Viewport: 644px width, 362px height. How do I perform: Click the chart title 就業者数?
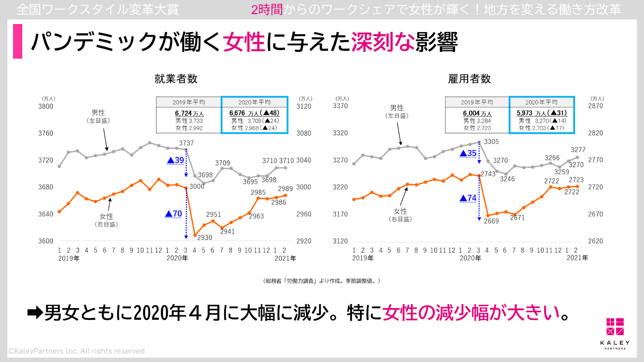click(176, 79)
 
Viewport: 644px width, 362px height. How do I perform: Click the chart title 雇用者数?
click(469, 79)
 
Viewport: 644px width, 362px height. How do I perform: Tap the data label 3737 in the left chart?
click(186, 143)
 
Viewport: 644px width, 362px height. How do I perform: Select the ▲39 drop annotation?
click(175, 160)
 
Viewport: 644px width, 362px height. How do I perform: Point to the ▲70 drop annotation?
click(173, 214)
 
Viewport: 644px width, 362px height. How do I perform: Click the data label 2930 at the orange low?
click(204, 238)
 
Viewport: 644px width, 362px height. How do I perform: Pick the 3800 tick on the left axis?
click(45, 107)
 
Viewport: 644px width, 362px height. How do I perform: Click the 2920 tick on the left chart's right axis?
click(303, 241)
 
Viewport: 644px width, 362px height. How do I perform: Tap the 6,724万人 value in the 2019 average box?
click(189, 113)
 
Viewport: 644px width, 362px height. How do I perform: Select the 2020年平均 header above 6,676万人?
click(254, 102)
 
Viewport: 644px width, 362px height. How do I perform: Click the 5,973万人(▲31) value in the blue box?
click(542, 113)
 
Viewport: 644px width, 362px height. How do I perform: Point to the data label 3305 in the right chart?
click(491, 142)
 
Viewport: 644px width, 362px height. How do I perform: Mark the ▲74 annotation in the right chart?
click(468, 198)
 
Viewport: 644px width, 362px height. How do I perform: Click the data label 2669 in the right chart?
click(491, 221)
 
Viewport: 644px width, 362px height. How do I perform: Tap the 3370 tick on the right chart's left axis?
click(340, 106)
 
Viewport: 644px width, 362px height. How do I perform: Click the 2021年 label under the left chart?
click(285, 258)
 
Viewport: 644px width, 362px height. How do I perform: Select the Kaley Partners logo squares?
click(615, 327)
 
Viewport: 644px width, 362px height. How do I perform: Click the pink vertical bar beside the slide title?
click(18, 41)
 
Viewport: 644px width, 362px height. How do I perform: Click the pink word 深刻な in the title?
click(382, 42)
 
